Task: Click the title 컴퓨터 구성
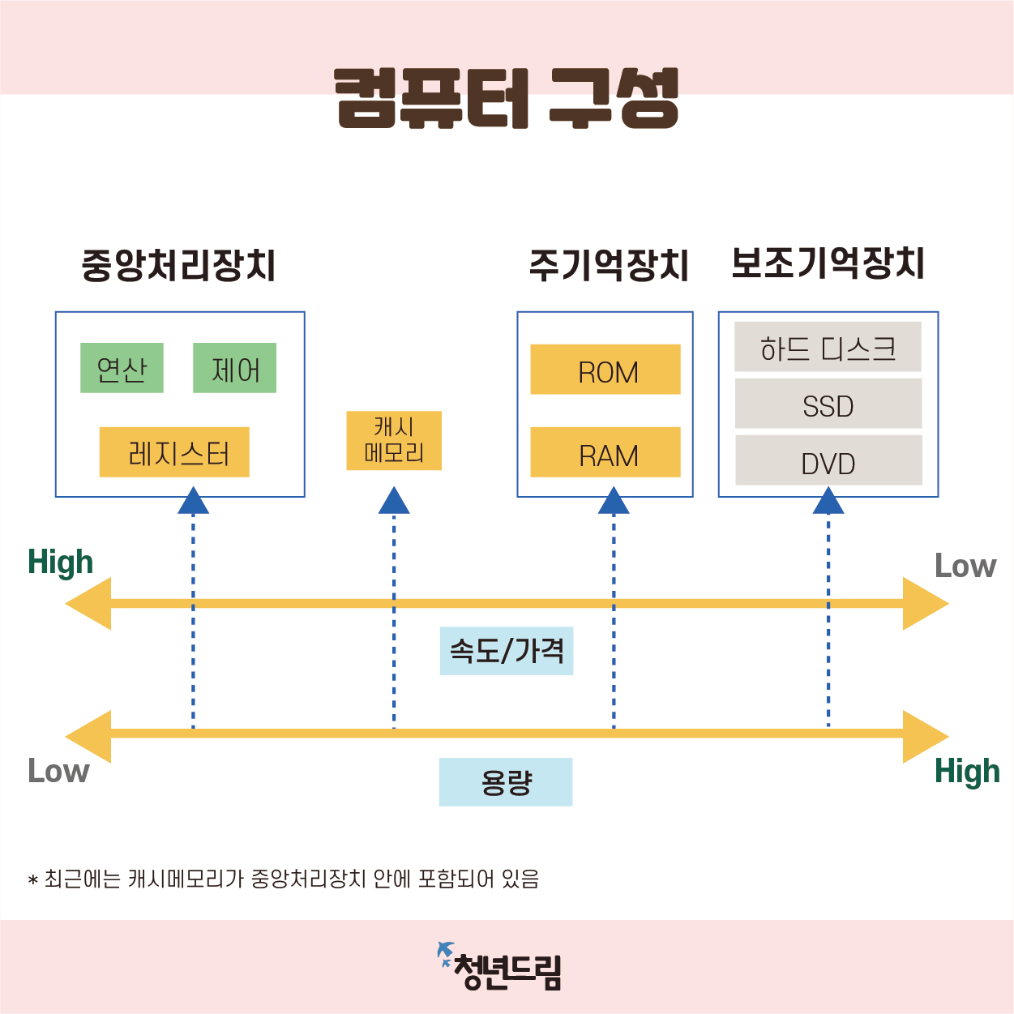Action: point(507,98)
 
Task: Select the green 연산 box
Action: point(122,368)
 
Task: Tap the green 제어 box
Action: point(234,368)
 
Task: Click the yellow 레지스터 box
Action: point(174,452)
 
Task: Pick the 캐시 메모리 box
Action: point(394,440)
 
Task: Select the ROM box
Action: point(605,370)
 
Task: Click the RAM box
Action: point(605,452)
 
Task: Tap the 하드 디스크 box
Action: point(828,347)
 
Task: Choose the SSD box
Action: point(828,404)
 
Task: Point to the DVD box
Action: point(828,460)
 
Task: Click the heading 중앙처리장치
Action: point(178,265)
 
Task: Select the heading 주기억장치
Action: point(608,265)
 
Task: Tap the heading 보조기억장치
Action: point(828,263)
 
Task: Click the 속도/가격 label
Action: point(507,651)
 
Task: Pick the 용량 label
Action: point(506,782)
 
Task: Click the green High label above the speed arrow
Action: point(60,562)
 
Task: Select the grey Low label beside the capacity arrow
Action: point(58,771)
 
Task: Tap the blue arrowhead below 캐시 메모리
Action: point(394,501)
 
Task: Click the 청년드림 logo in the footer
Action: point(500,967)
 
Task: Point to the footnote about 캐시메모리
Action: point(284,879)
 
